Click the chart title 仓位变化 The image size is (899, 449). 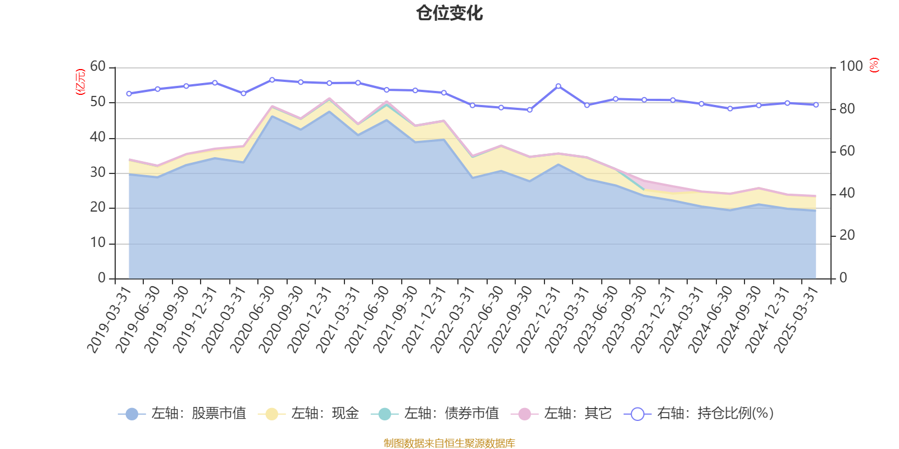click(449, 13)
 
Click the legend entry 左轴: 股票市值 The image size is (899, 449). click(183, 414)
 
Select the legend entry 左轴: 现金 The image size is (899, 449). click(308, 414)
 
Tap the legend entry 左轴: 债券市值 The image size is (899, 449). click(435, 414)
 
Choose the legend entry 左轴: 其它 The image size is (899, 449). click(561, 414)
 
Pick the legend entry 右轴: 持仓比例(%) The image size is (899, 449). click(700, 414)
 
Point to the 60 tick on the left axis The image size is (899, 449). click(98, 67)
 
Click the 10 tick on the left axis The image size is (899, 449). click(98, 243)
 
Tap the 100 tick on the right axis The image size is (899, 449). click(851, 67)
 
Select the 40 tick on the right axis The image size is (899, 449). click(847, 193)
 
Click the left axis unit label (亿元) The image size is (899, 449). click(80, 82)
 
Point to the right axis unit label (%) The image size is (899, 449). click(874, 66)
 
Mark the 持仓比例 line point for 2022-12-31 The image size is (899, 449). click(558, 86)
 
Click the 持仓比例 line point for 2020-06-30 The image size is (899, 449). click(272, 80)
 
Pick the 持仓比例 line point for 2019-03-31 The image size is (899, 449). click(129, 93)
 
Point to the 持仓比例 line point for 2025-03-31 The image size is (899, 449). click(816, 104)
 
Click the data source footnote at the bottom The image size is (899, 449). click(449, 443)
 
